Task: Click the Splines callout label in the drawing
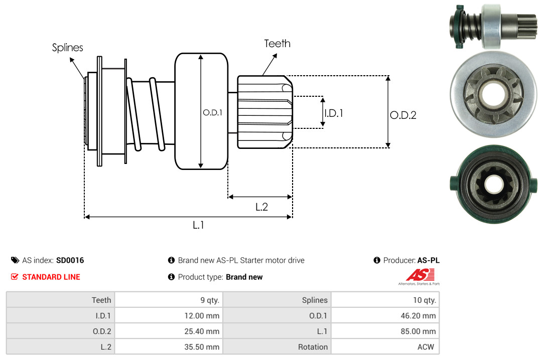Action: point(68,48)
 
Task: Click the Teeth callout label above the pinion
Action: point(277,44)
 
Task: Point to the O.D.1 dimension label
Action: point(212,113)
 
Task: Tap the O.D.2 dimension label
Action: point(403,115)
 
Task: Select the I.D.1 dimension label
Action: point(333,113)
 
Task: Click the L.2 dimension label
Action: point(261,207)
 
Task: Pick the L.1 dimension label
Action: point(199,225)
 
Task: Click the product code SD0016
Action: point(70,260)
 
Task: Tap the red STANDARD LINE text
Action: point(51,277)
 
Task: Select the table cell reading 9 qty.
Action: point(210,300)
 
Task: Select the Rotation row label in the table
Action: point(313,347)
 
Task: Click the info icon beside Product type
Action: point(171,277)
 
